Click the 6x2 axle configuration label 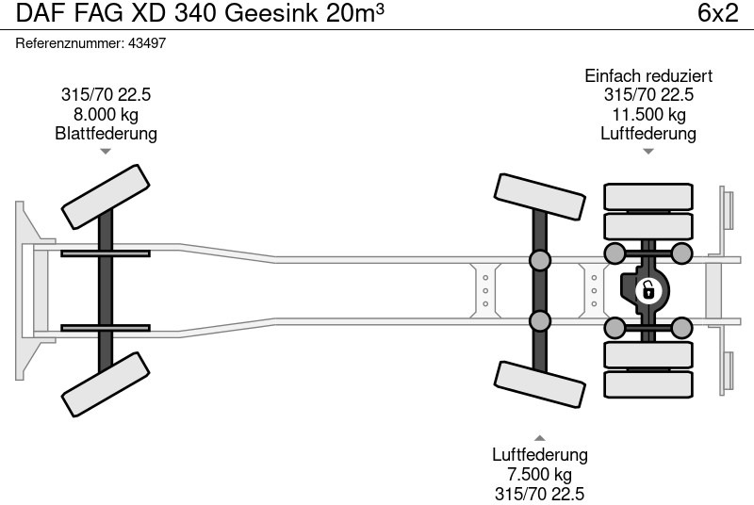(x=718, y=14)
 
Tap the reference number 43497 (x=148, y=43)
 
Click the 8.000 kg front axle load (x=106, y=114)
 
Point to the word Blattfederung (x=106, y=134)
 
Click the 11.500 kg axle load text (x=648, y=114)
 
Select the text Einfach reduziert (x=648, y=76)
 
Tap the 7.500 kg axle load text (x=539, y=474)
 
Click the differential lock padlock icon (x=647, y=290)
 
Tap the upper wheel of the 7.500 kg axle (x=538, y=197)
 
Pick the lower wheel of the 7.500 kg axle (x=538, y=385)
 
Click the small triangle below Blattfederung (x=106, y=151)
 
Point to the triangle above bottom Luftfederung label (x=539, y=437)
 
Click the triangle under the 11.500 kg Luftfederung (x=648, y=151)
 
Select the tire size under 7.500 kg (x=539, y=493)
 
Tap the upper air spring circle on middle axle (x=539, y=261)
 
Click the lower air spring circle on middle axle (x=539, y=321)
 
